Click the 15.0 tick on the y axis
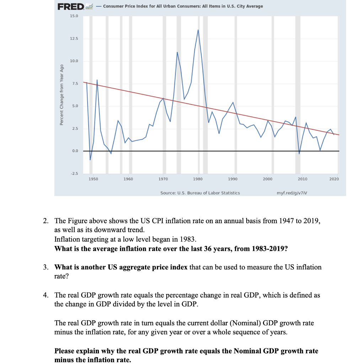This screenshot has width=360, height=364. point(74,16)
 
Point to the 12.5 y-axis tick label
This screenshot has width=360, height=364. point(74,39)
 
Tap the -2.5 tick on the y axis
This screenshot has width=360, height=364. point(74,173)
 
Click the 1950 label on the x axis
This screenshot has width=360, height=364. point(93,179)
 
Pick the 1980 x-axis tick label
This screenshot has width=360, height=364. point(198,179)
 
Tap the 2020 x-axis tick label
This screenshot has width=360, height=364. point(334,179)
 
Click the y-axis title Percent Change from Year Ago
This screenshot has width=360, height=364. point(61,95)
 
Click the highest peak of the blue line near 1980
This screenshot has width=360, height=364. point(198,30)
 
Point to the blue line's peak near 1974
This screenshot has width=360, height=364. point(177,52)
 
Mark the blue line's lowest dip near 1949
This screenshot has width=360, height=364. point(90,160)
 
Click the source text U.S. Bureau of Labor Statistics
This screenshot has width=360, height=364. point(200,193)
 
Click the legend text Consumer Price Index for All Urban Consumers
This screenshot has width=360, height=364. point(183,6)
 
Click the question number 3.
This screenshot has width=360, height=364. point(45,267)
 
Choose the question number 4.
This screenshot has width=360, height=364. point(45,295)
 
